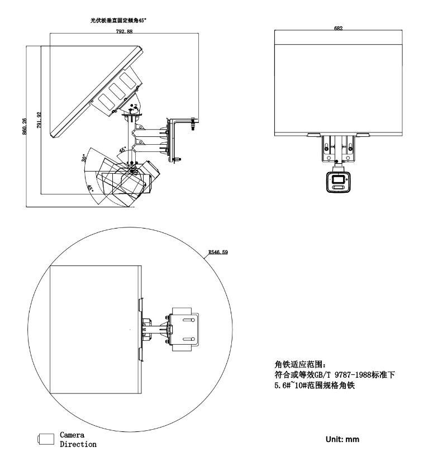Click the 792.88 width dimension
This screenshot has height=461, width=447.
point(124,31)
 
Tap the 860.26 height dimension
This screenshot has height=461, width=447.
point(25,126)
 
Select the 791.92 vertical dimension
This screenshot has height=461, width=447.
point(39,120)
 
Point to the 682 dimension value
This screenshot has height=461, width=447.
point(338,28)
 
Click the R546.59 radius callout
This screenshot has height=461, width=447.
point(218,252)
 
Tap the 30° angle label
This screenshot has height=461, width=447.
point(84,158)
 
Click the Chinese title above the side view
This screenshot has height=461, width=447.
point(118,20)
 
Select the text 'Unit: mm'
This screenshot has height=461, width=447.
point(343,439)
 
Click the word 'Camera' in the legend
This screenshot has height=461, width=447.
point(72,435)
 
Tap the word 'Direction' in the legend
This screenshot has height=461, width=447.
point(78,444)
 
